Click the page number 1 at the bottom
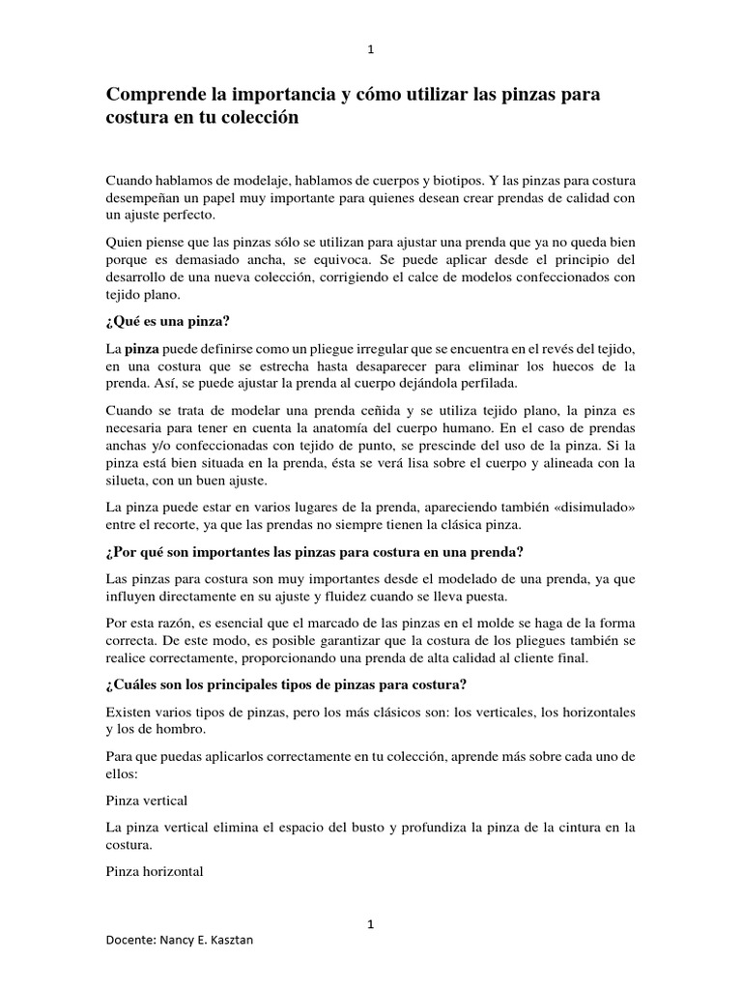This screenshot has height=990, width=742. click(371, 925)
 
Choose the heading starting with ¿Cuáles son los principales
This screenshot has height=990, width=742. click(286, 685)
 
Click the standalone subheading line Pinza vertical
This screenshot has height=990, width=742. click(146, 801)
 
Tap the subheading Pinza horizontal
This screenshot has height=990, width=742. click(154, 871)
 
